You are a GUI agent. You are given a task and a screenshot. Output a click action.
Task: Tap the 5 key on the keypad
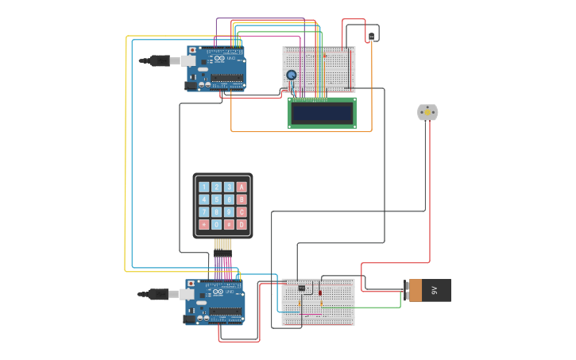click(x=216, y=199)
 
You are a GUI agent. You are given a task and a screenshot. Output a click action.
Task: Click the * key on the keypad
click(x=204, y=225)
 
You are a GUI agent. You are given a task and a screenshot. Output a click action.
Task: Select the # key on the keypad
click(x=229, y=225)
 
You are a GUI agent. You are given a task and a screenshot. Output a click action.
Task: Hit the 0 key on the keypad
click(x=216, y=225)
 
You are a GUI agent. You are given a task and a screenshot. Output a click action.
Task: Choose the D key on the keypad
click(x=242, y=225)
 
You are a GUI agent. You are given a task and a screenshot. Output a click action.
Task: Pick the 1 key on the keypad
click(x=204, y=188)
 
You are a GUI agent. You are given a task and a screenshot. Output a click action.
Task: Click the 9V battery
click(x=429, y=290)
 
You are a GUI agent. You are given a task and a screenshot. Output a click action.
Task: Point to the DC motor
click(x=427, y=112)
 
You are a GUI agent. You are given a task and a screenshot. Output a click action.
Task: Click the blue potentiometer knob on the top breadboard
click(x=292, y=75)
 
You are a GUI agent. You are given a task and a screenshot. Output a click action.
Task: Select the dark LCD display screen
click(x=322, y=114)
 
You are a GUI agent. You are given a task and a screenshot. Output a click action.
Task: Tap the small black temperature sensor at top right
click(x=371, y=37)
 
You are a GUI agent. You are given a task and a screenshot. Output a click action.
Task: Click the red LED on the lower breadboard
click(x=320, y=292)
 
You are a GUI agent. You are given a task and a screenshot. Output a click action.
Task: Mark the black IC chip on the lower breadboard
click(x=302, y=288)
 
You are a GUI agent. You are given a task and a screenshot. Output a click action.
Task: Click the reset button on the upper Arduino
click(x=192, y=50)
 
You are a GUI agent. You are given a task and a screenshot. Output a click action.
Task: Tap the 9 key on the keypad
click(x=229, y=212)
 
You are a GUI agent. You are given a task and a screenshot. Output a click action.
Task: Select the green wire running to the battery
click(x=377, y=307)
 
